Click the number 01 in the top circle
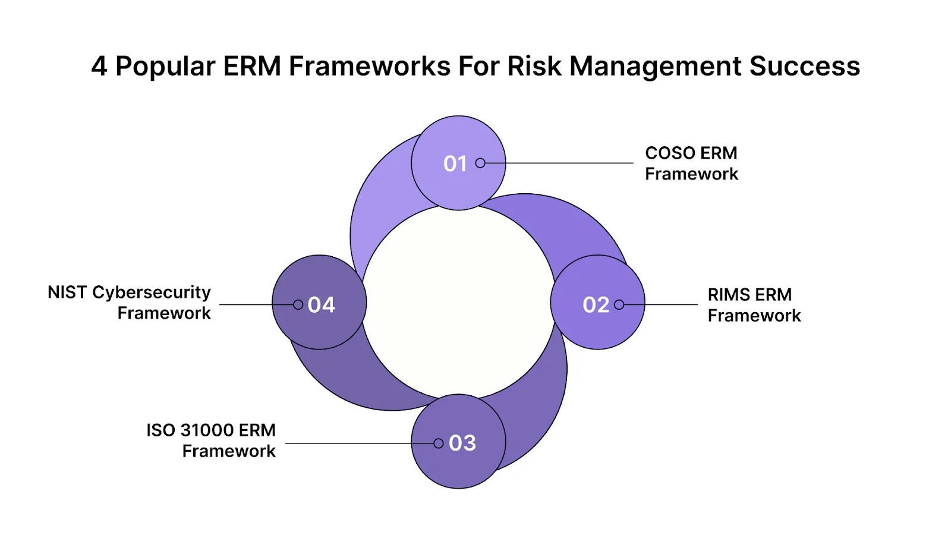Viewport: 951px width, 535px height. [455, 163]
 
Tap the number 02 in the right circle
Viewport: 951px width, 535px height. [596, 305]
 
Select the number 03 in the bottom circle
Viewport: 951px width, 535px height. [462, 443]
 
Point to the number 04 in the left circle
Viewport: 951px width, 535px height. [322, 305]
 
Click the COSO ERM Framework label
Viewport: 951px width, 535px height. [691, 163]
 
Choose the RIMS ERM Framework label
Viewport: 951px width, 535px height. [754, 305]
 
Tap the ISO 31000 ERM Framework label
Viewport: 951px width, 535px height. [212, 440]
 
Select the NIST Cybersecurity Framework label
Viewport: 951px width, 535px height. [130, 303]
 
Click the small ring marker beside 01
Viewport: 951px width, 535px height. [480, 163]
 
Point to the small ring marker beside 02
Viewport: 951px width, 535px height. [619, 305]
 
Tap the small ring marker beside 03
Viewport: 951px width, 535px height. [439, 443]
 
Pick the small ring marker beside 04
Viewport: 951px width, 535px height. [298, 305]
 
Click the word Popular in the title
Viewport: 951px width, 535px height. [165, 66]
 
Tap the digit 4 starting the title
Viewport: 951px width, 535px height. [99, 66]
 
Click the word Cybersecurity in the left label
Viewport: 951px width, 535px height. [152, 292]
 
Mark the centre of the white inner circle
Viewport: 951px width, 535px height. [458, 302]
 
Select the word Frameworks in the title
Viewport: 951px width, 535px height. [370, 66]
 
